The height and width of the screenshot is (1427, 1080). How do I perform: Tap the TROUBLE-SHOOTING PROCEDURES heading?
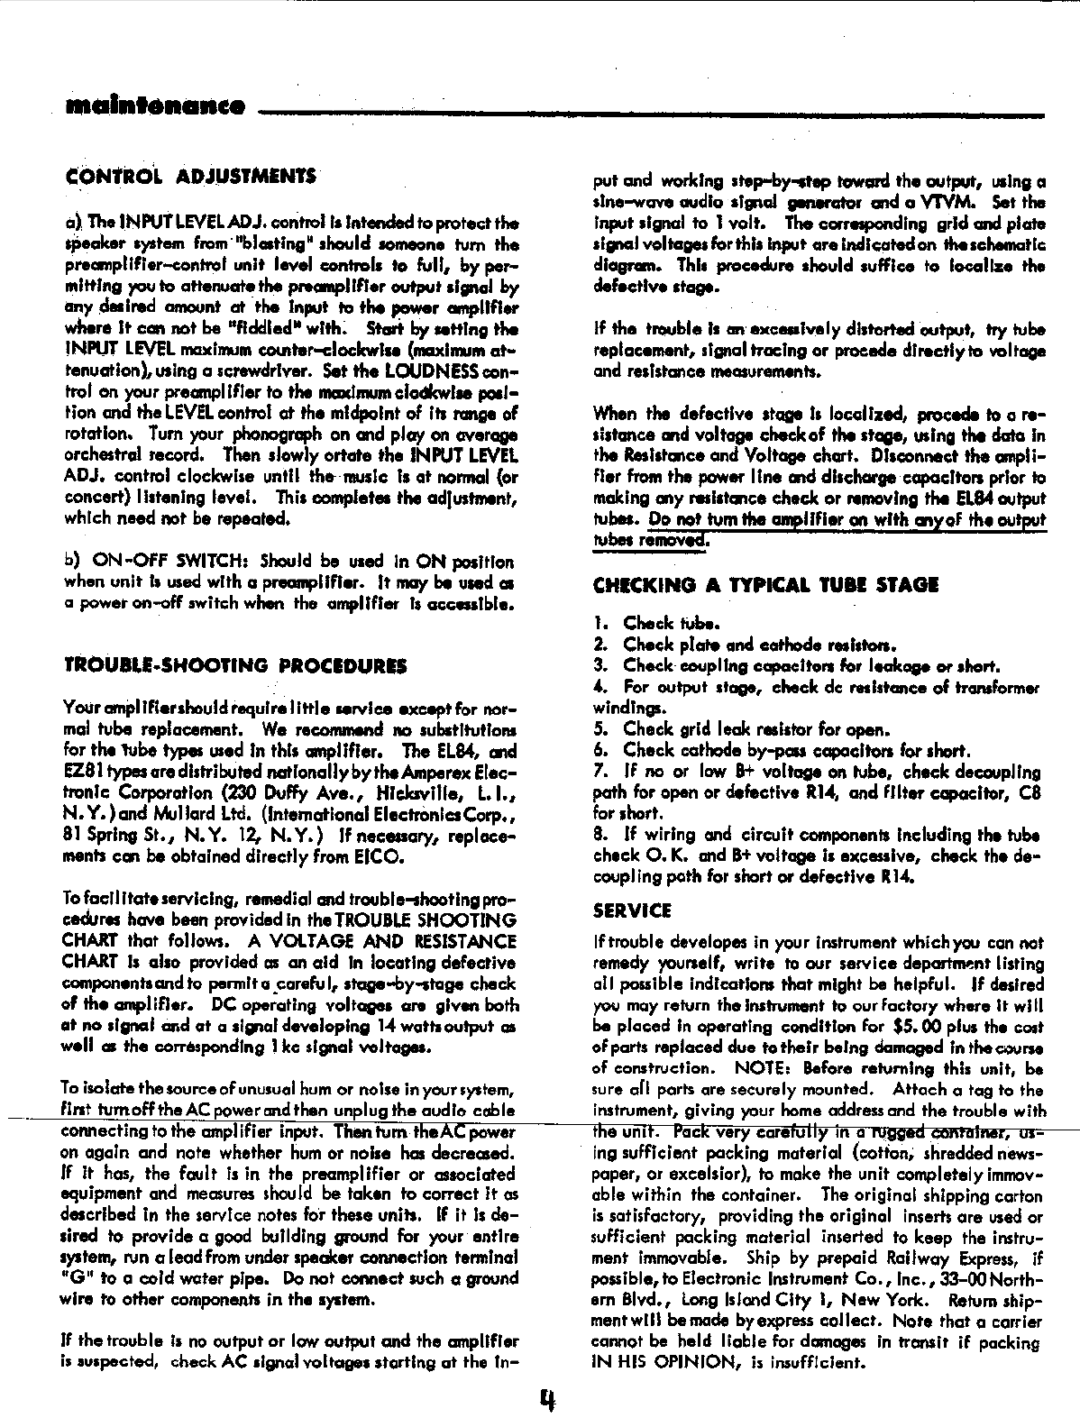click(x=235, y=666)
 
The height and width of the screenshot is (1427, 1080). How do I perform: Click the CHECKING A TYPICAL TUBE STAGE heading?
click(x=765, y=585)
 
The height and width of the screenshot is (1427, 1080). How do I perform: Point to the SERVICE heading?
click(x=632, y=910)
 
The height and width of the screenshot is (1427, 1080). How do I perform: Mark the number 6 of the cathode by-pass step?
click(x=599, y=750)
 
